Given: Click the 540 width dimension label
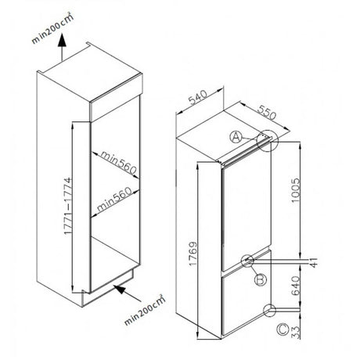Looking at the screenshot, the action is click(x=198, y=97).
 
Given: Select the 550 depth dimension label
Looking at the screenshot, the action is click(x=267, y=112).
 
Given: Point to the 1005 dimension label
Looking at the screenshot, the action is click(x=295, y=191).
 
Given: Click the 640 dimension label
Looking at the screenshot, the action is click(x=296, y=286).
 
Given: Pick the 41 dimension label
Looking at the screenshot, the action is click(x=314, y=262).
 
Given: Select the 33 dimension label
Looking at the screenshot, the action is click(x=296, y=332).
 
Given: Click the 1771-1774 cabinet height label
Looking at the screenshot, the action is click(x=67, y=206).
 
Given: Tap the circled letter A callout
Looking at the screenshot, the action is click(x=236, y=138).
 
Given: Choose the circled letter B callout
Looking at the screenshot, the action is click(x=261, y=279).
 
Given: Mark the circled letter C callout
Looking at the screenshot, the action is click(x=283, y=329).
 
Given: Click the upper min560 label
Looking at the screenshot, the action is click(x=119, y=163).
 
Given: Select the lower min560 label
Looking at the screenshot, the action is click(x=114, y=200).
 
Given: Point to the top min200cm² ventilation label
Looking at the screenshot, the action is click(x=52, y=28).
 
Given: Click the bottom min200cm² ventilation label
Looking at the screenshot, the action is click(x=145, y=310).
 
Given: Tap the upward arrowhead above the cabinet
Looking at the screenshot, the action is click(x=62, y=40).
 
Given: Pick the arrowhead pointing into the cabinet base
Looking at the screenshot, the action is click(x=120, y=289).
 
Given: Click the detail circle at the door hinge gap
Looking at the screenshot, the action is click(x=247, y=261).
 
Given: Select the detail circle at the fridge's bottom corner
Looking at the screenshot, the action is click(x=269, y=310).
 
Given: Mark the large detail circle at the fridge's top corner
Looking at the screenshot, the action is click(x=268, y=141).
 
